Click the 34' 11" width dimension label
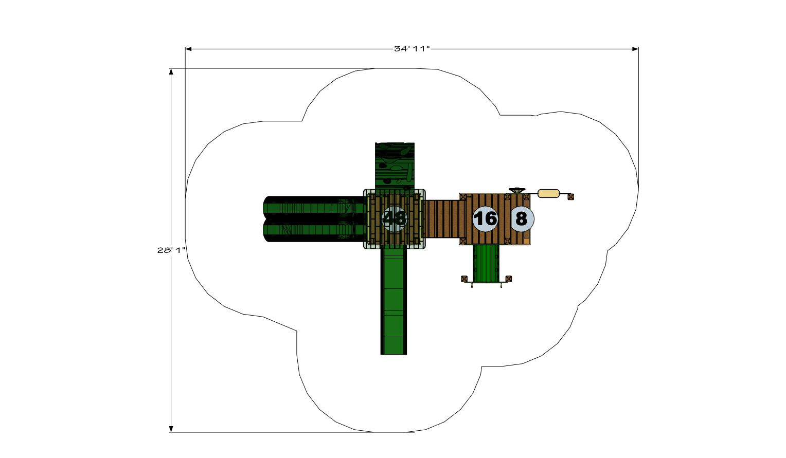[412, 49]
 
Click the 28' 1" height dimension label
[171, 250]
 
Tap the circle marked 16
[485, 219]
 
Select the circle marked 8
[522, 219]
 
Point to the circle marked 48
[394, 219]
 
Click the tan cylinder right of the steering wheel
[549, 193]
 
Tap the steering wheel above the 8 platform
[517, 190]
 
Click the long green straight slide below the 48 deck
[394, 302]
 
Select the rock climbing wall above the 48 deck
[395, 166]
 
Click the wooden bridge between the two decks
[442, 219]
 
